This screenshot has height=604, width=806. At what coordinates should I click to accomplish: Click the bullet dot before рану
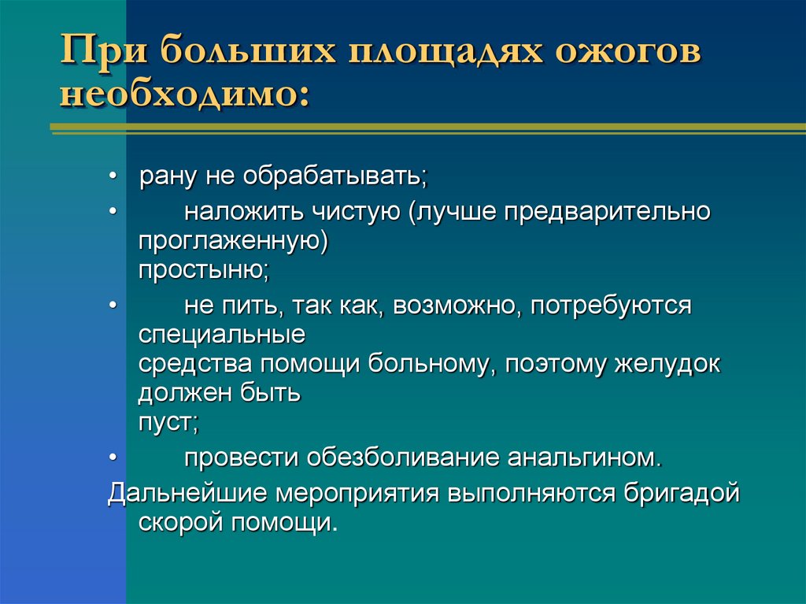point(114,175)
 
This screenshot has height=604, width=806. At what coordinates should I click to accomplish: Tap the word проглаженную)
point(232,240)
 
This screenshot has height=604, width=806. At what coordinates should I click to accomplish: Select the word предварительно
point(602,213)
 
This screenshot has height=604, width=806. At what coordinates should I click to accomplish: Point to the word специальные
point(222,334)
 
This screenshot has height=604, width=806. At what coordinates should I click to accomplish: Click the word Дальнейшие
point(187,493)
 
